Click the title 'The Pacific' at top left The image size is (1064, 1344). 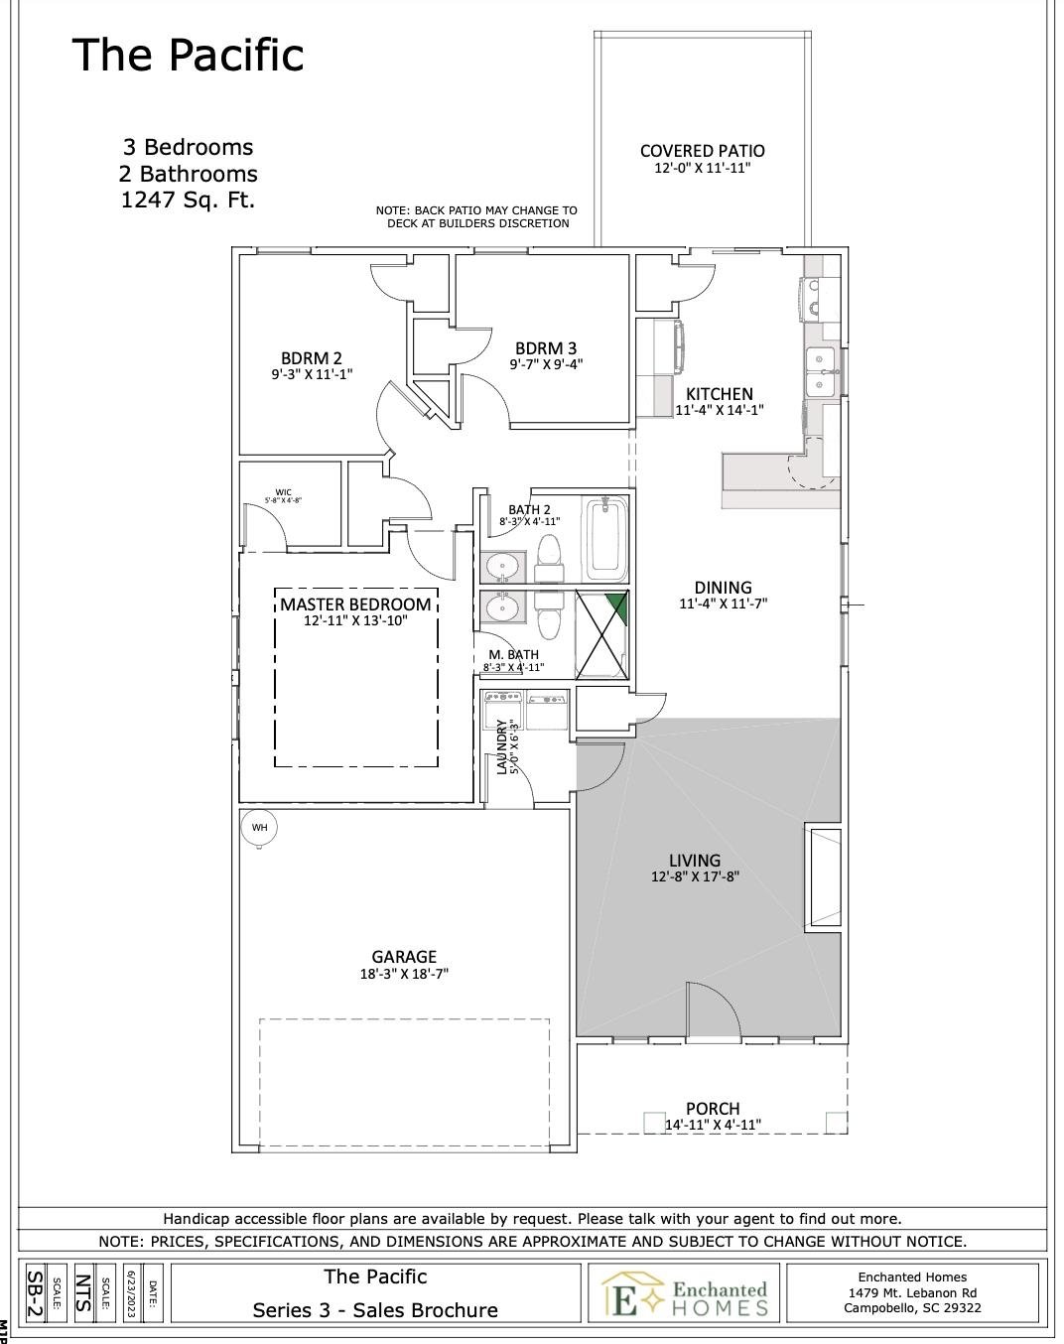click(x=188, y=55)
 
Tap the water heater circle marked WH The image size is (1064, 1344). click(x=259, y=828)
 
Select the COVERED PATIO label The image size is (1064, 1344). click(x=702, y=151)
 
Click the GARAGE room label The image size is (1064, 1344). click(x=404, y=957)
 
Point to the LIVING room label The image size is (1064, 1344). click(x=695, y=861)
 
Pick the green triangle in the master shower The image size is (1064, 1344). click(x=617, y=605)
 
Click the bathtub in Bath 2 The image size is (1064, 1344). click(x=605, y=540)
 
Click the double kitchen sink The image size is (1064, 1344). click(x=821, y=371)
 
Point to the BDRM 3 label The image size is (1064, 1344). click(x=546, y=348)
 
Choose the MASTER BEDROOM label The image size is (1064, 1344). click(x=355, y=605)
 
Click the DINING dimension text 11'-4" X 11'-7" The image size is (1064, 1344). click(x=723, y=604)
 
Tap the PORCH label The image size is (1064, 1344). click(x=713, y=1109)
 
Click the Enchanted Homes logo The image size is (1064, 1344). click(x=684, y=1293)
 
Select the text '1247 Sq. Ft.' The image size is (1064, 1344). click(x=188, y=200)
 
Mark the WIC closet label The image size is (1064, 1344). click(x=284, y=492)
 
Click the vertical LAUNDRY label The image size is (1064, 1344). click(x=502, y=746)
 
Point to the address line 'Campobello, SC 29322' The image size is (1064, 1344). click(x=912, y=1307)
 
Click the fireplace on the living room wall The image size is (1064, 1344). click(x=823, y=877)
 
